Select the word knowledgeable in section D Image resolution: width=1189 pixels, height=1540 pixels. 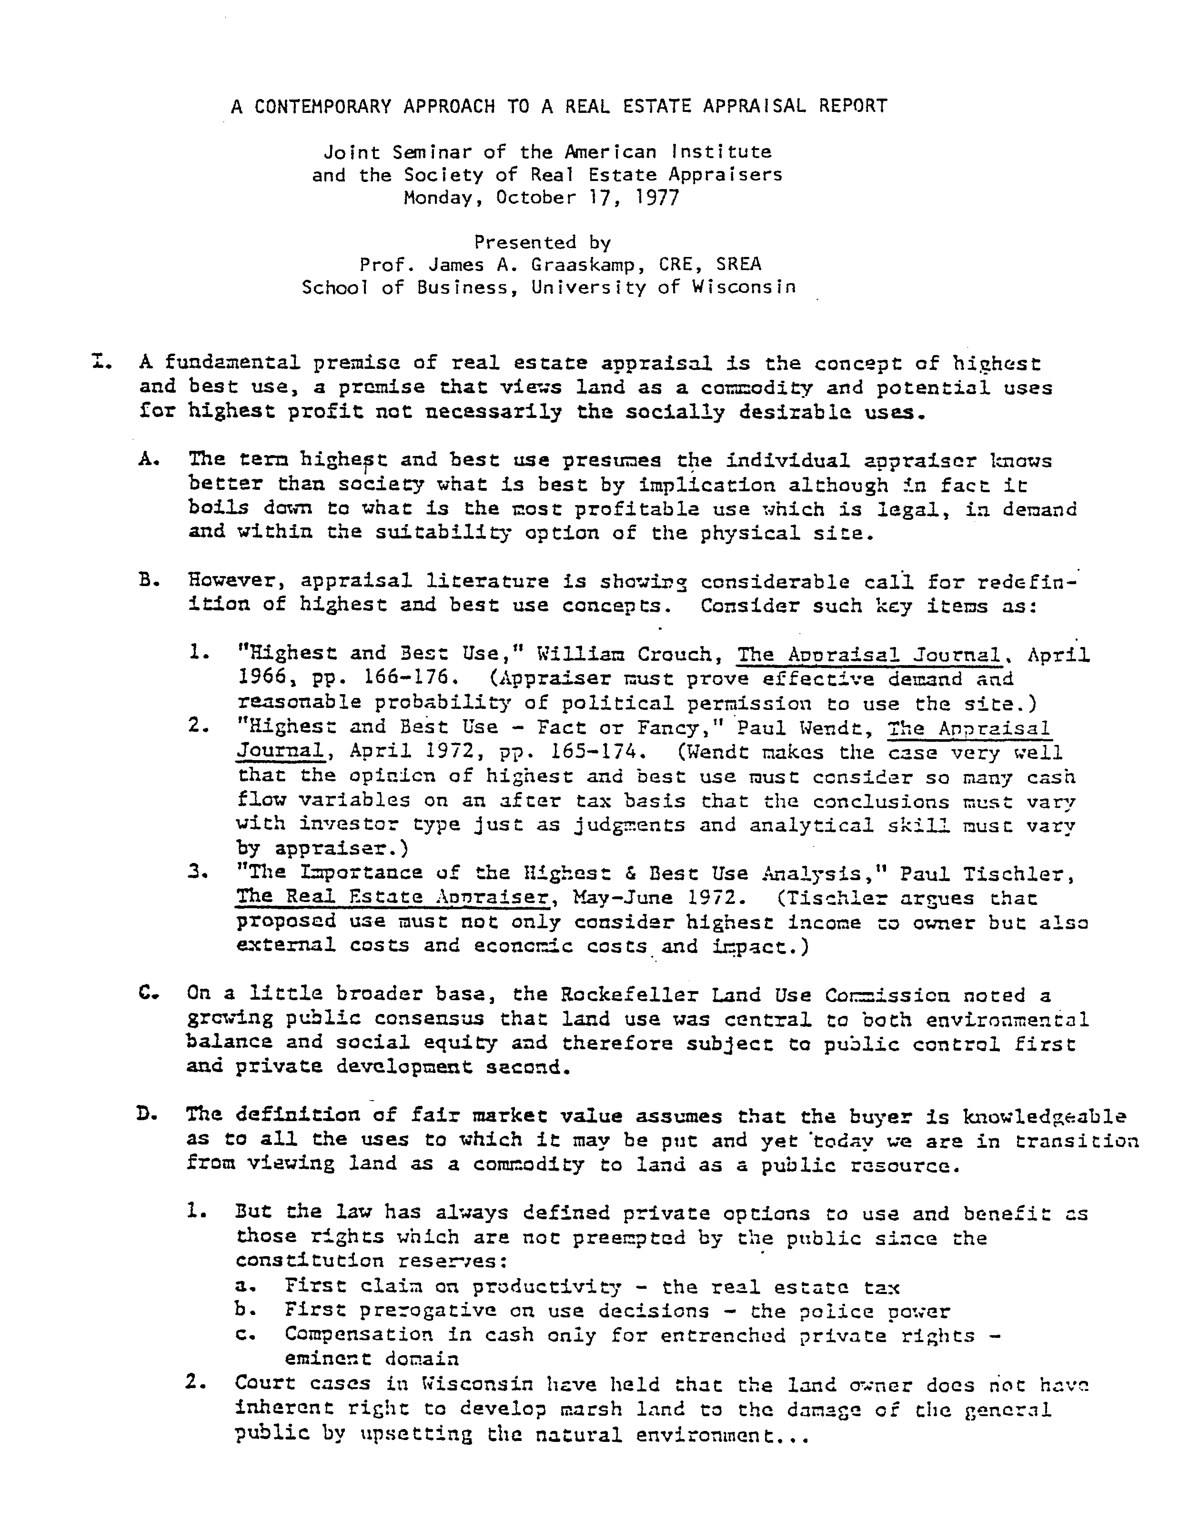[x=1044, y=1117]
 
